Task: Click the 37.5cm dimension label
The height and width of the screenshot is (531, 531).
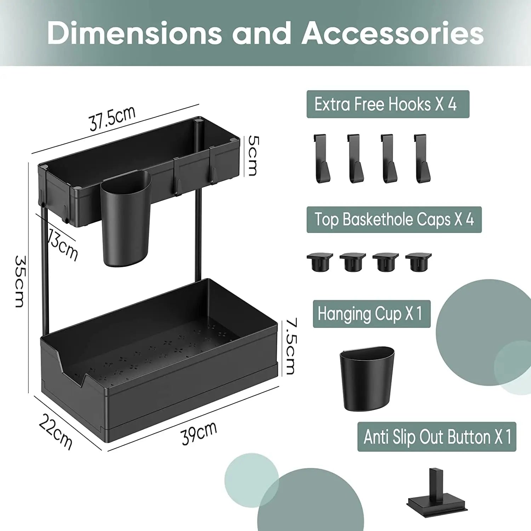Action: click(112, 118)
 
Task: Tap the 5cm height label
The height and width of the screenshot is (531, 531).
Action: click(253, 155)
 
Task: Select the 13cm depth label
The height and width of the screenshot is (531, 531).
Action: click(63, 245)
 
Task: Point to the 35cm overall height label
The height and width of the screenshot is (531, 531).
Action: click(20, 281)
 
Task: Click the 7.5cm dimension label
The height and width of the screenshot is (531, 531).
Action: click(291, 346)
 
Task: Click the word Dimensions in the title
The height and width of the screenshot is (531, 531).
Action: click(135, 33)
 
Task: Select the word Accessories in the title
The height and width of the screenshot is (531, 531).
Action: click(393, 33)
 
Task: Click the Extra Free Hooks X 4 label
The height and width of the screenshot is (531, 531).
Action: click(387, 104)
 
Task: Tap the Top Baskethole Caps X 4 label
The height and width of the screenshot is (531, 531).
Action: click(394, 219)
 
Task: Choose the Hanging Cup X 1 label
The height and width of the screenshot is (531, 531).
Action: click(371, 314)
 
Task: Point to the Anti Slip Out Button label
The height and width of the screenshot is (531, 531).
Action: click(436, 436)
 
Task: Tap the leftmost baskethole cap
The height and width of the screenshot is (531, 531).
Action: click(320, 262)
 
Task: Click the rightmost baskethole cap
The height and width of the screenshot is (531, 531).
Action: click(418, 262)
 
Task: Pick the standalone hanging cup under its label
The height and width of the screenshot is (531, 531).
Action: click(367, 378)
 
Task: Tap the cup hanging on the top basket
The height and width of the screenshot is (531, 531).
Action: click(125, 219)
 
